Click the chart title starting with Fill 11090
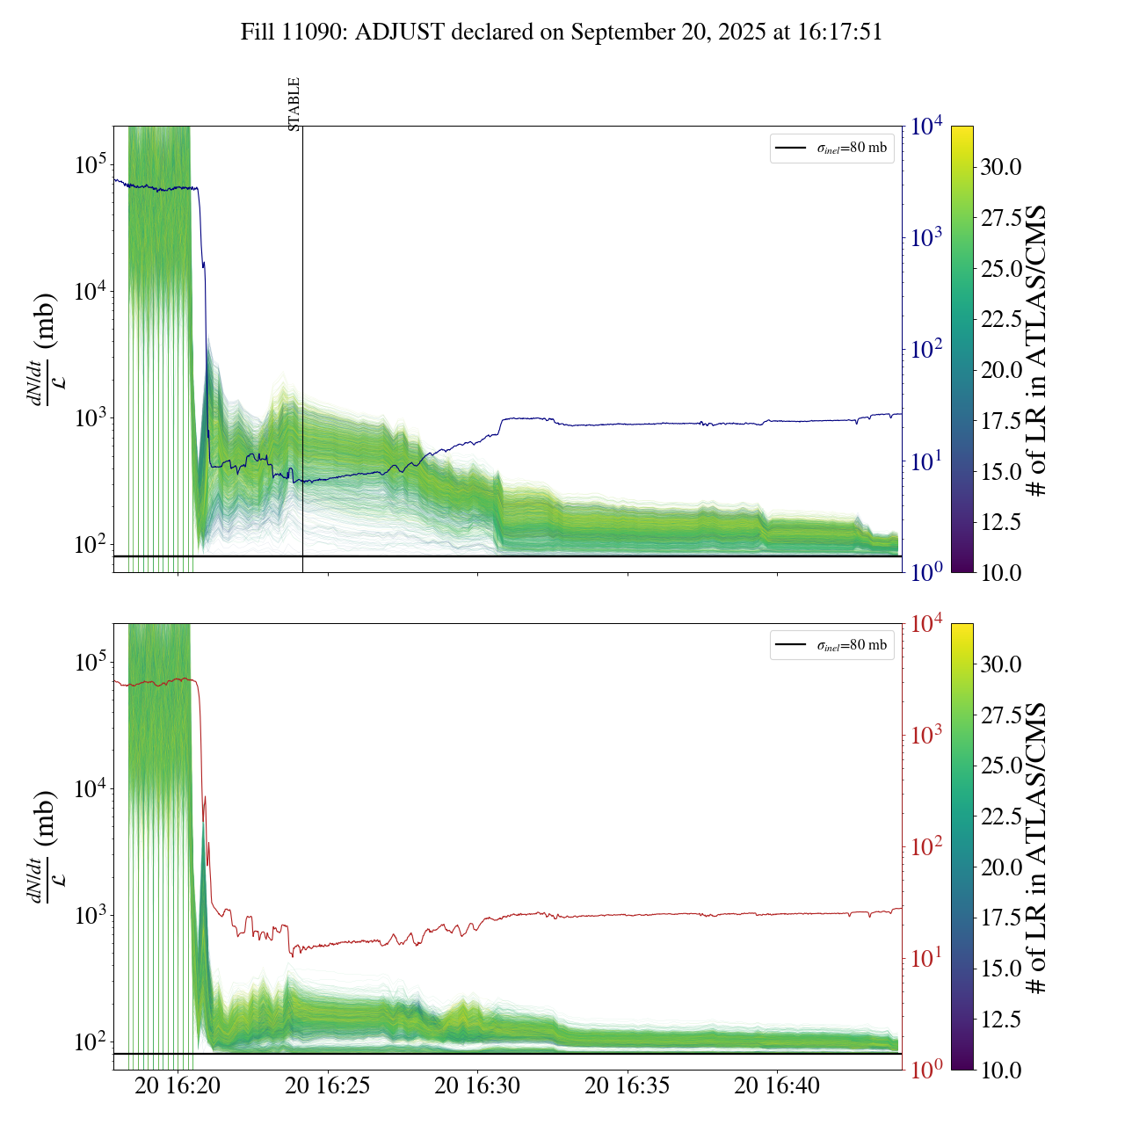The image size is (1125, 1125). [562, 33]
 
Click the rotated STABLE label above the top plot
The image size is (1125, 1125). [294, 104]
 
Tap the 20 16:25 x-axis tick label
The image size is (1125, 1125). [328, 1085]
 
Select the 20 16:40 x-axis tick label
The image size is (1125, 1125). [777, 1085]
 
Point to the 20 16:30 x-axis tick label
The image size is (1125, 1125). [477, 1085]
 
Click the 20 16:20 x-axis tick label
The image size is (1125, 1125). [178, 1085]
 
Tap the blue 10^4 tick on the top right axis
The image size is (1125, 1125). [926, 127]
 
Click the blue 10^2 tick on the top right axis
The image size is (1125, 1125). [926, 350]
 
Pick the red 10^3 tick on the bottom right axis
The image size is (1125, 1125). [926, 736]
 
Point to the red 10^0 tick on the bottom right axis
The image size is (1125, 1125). [926, 1070]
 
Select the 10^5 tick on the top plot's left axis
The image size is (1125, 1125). [90, 164]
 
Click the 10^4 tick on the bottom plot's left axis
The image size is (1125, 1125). [90, 788]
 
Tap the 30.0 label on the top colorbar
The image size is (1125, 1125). [1001, 167]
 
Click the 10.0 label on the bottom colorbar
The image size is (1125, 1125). [1001, 1070]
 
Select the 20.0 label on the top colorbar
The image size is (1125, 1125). [1001, 370]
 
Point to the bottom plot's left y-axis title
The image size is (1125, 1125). [44, 847]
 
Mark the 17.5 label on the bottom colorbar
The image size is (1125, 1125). [1001, 918]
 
